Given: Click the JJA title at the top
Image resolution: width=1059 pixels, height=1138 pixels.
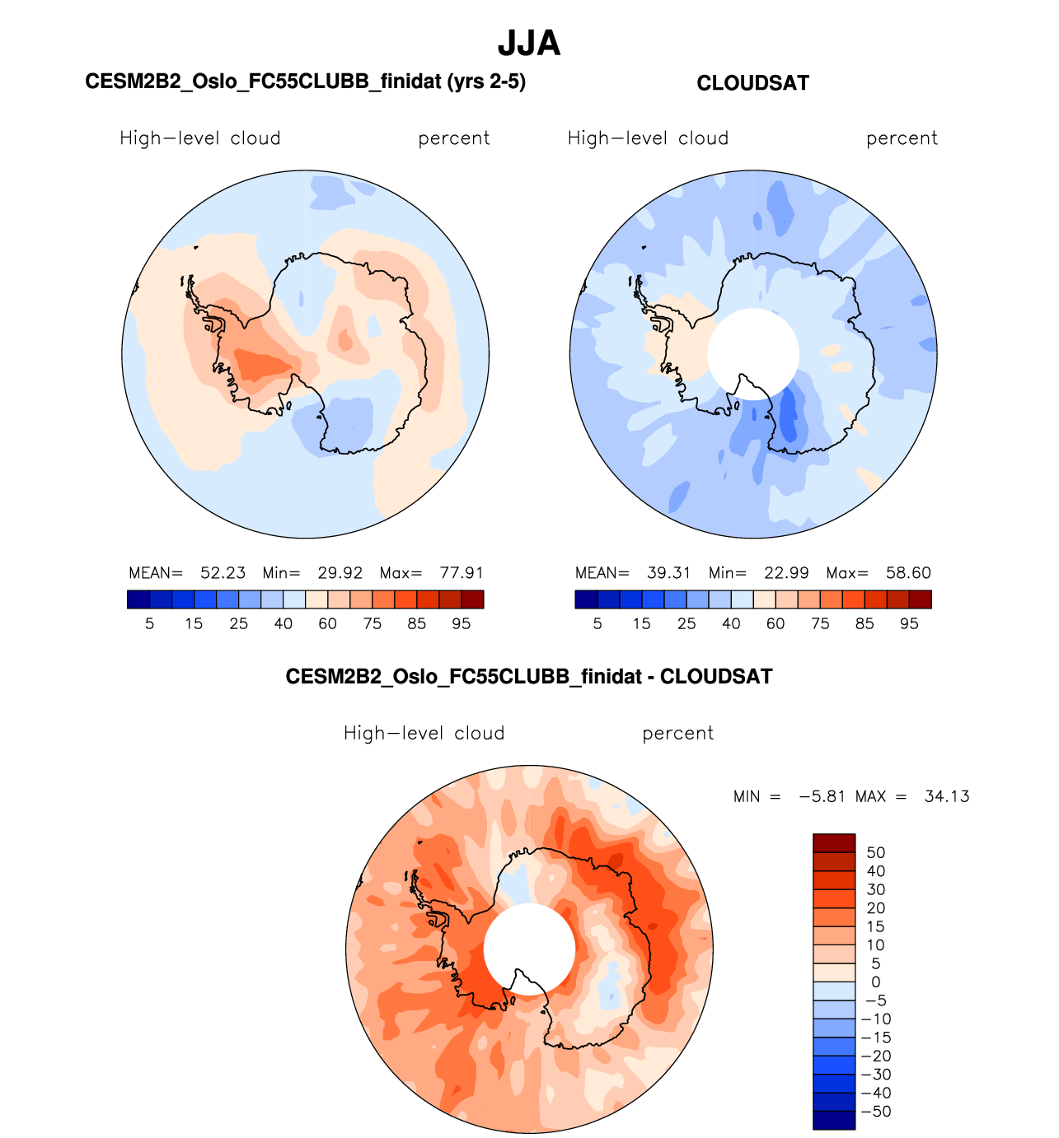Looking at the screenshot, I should click(x=529, y=44).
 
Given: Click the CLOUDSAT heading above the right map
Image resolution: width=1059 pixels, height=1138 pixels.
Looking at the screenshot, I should click(x=752, y=83).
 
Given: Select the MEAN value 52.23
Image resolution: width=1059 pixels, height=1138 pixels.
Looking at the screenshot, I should click(x=223, y=573).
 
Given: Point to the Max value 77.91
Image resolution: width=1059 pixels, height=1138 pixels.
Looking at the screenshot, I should click(x=462, y=573).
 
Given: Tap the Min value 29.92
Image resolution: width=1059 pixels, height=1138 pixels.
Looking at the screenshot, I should click(x=340, y=573).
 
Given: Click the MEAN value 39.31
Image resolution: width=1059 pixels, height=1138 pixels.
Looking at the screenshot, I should click(x=668, y=573).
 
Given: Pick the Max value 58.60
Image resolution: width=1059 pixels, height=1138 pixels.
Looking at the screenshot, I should click(x=908, y=573).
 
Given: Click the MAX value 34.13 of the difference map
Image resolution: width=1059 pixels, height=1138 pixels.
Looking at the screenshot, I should click(x=947, y=797).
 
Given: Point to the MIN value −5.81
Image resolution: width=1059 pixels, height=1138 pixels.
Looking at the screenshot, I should click(x=822, y=797).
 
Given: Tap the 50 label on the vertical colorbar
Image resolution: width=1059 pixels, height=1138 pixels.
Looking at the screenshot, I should click(x=875, y=853).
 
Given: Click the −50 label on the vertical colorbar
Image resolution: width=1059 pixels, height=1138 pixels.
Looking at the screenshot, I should click(x=875, y=1112).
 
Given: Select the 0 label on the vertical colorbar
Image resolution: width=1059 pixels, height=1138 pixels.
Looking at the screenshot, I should click(x=875, y=982).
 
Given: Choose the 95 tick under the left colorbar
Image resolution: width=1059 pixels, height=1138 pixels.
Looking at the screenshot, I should click(x=462, y=624).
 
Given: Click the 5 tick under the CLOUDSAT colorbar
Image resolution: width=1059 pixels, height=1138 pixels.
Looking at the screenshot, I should click(x=597, y=624).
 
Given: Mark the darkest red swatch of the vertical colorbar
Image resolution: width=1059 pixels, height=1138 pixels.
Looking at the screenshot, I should click(x=834, y=843).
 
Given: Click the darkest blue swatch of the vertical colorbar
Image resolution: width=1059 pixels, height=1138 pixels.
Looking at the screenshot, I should click(x=834, y=1120).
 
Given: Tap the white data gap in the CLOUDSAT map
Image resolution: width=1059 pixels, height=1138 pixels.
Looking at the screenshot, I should click(x=753, y=354).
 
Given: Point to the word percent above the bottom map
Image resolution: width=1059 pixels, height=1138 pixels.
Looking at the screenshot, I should click(x=677, y=734).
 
